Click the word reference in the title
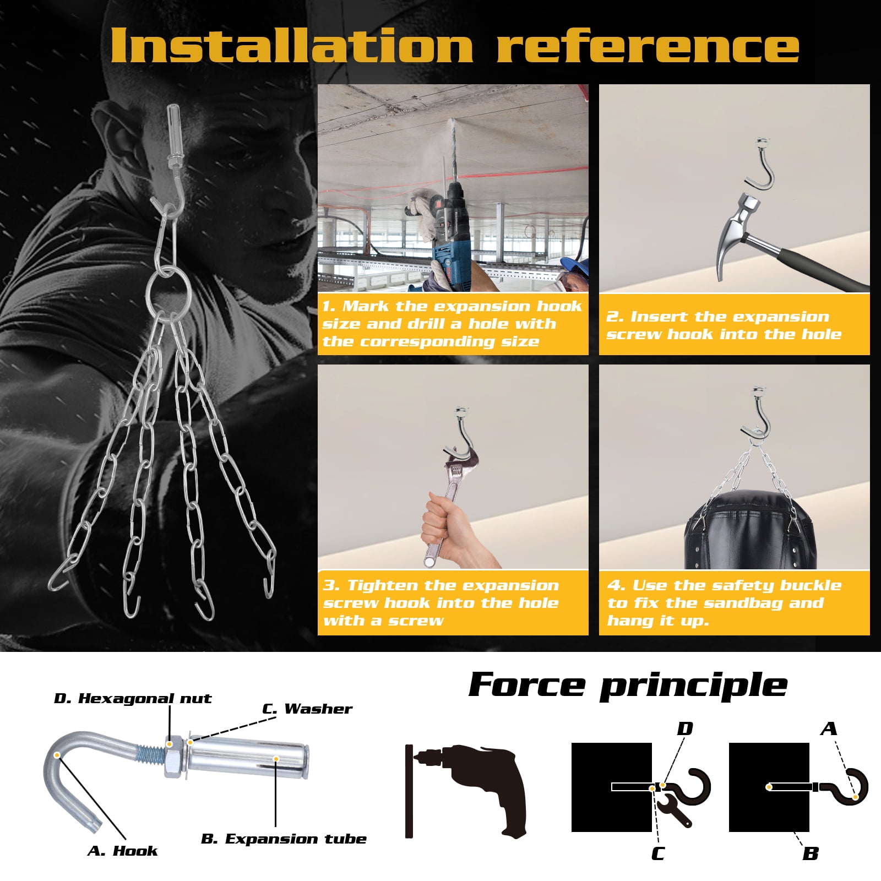[648, 46]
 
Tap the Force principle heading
[628, 686]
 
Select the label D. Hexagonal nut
[133, 699]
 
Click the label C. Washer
[307, 709]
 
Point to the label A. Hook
[122, 851]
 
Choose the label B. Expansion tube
[284, 839]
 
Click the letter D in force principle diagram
[685, 729]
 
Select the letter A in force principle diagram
[829, 729]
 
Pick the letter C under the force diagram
[657, 854]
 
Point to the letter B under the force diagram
[811, 854]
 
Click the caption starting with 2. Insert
[724, 325]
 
